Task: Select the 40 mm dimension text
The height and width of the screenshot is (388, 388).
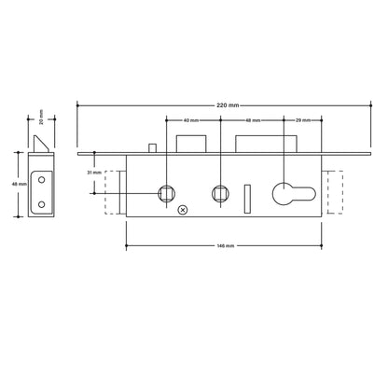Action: pyautogui.click(x=192, y=121)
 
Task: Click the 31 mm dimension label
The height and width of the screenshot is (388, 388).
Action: pyautogui.click(x=93, y=173)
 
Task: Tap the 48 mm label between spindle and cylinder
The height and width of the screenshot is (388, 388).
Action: pyautogui.click(x=252, y=121)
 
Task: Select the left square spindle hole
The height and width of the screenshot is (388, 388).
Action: pyautogui.click(x=166, y=192)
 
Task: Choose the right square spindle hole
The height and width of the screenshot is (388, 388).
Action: pyautogui.click(x=222, y=192)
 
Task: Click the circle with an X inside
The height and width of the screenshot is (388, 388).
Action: pyautogui.click(x=183, y=210)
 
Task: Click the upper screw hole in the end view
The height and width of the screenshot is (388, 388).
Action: pyautogui.click(x=41, y=179)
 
